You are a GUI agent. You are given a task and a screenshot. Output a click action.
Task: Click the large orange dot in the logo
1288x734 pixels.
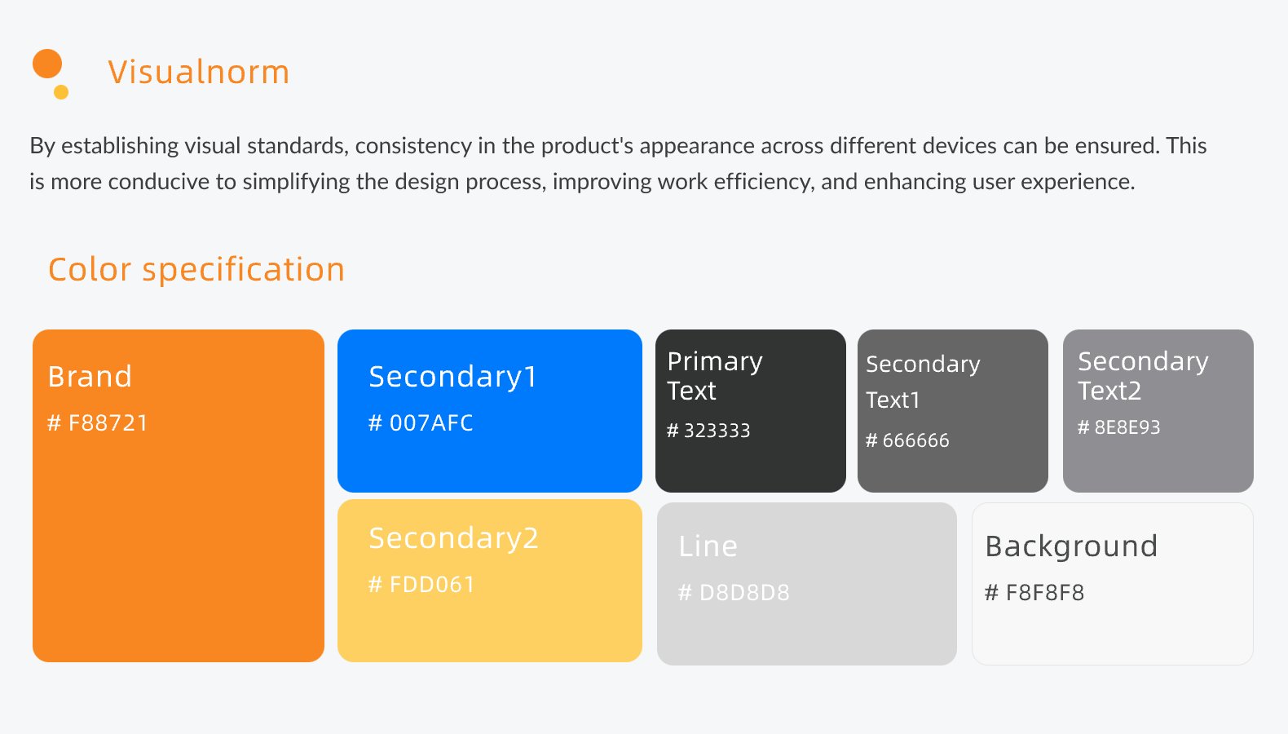pyautogui.click(x=47, y=64)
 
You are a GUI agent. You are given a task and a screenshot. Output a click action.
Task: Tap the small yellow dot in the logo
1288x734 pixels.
pyautogui.click(x=61, y=92)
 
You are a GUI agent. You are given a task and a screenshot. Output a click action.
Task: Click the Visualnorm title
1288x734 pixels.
pyautogui.click(x=198, y=72)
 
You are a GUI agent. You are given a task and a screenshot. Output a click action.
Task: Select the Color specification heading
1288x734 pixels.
pyautogui.click(x=196, y=269)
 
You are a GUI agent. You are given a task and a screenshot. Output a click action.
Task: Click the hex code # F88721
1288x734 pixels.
pyautogui.click(x=97, y=423)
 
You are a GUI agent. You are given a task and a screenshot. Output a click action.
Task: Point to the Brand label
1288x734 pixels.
pyautogui.click(x=90, y=377)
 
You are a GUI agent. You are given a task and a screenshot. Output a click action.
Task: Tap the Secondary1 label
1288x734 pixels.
pyautogui.click(x=452, y=378)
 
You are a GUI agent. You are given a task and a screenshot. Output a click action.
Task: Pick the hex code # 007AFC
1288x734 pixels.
pyautogui.click(x=421, y=423)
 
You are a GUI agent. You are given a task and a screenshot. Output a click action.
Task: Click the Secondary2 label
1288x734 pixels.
pyautogui.click(x=454, y=538)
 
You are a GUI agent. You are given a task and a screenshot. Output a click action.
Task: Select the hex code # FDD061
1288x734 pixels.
pyautogui.click(x=421, y=585)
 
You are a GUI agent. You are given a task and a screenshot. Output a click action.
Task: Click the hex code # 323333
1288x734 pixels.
pyautogui.click(x=708, y=431)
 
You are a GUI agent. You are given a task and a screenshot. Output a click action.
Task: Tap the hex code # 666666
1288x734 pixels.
pyautogui.click(x=907, y=440)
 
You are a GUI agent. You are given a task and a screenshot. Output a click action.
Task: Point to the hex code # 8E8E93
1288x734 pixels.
pyautogui.click(x=1119, y=427)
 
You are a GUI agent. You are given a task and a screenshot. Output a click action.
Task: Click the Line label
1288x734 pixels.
pyautogui.click(x=708, y=546)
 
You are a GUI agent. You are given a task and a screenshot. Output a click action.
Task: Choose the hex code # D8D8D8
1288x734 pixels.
pyautogui.click(x=734, y=592)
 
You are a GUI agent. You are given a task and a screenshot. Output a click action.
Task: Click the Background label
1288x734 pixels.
pyautogui.click(x=1071, y=546)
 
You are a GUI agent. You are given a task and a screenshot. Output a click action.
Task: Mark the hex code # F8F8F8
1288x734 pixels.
pyautogui.click(x=1034, y=592)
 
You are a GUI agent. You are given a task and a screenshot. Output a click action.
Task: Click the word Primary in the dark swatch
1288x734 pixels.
pyautogui.click(x=715, y=362)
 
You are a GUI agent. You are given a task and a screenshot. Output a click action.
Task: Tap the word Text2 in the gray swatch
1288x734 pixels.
pyautogui.click(x=1109, y=391)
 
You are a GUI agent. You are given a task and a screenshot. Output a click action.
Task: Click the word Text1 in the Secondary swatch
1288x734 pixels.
pyautogui.click(x=893, y=400)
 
